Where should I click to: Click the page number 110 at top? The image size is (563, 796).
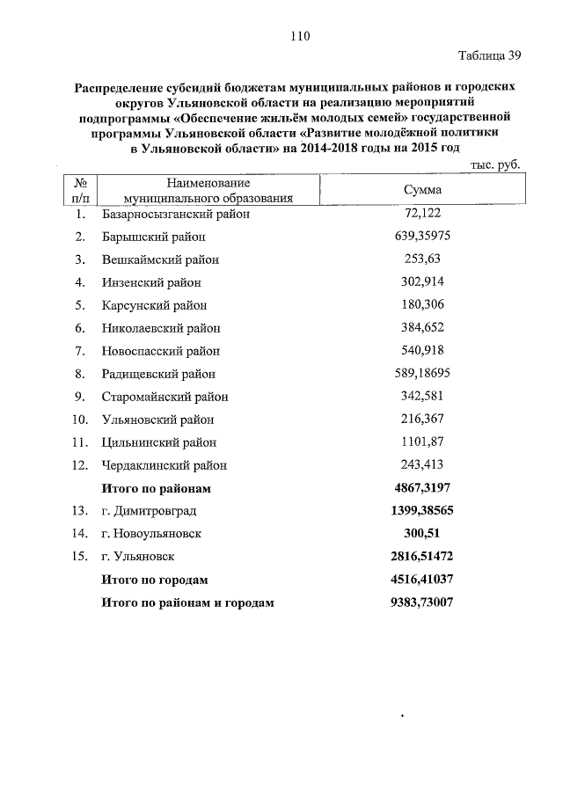pos(298,36)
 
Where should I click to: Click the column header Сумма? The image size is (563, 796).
pos(421,190)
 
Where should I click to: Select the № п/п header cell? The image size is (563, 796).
pos(80,190)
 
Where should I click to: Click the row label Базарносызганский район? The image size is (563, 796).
pos(176,214)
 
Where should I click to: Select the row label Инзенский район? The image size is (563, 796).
pos(151,282)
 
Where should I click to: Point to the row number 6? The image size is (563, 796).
pos(79,328)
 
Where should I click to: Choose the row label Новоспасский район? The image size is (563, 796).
pos(160,351)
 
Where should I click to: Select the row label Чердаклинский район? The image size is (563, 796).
pos(165,465)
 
